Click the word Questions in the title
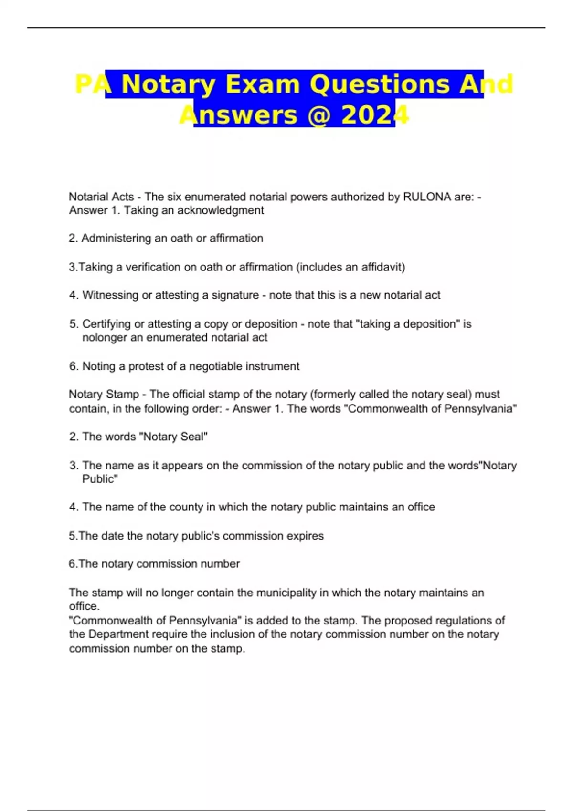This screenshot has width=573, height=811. point(380,84)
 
